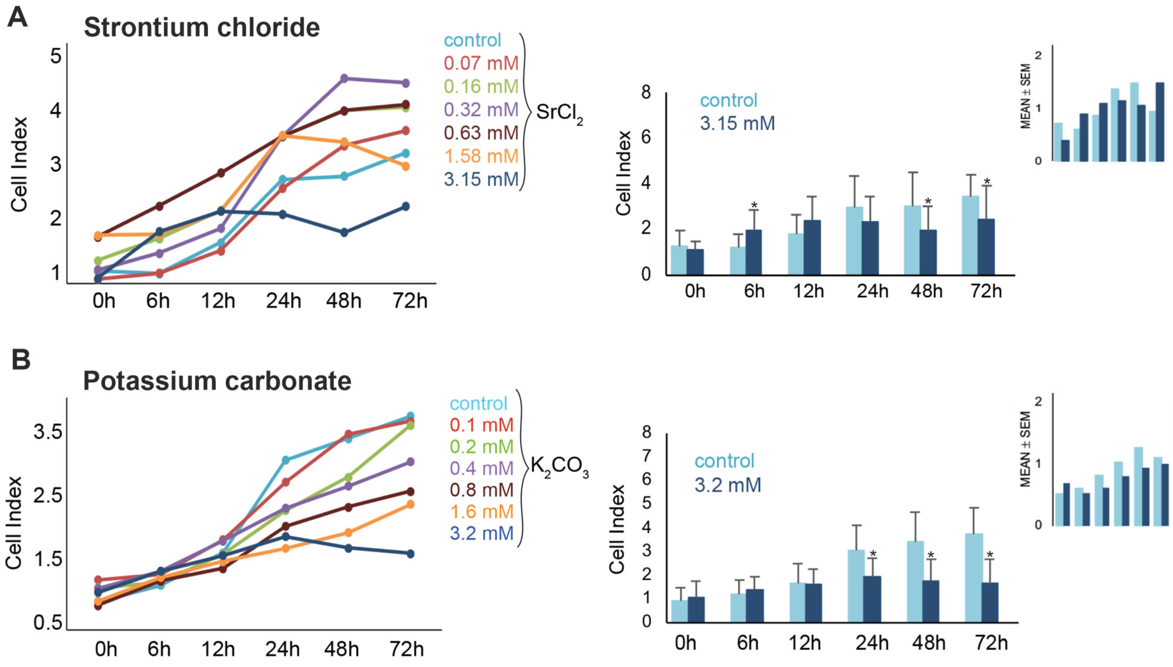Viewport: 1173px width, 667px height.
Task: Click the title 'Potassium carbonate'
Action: pyautogui.click(x=217, y=381)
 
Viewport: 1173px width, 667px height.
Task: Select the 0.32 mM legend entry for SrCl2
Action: pyautogui.click(x=481, y=109)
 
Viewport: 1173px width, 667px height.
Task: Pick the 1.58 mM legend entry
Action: pyautogui.click(x=481, y=156)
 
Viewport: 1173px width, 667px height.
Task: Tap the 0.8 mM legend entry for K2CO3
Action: pyautogui.click(x=482, y=490)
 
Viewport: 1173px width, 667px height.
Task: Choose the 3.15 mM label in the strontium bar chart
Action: pyautogui.click(x=737, y=123)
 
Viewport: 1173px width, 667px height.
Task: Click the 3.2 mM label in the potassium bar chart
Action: pyautogui.click(x=728, y=485)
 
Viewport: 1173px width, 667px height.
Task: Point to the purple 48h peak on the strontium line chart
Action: pyautogui.click(x=345, y=78)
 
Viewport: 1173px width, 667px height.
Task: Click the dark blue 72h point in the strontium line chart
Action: pyautogui.click(x=406, y=206)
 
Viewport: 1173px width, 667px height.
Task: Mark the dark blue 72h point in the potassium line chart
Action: pyautogui.click(x=411, y=554)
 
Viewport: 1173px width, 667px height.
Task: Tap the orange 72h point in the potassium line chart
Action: pyautogui.click(x=411, y=504)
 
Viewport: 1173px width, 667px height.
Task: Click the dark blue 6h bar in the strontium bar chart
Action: pyautogui.click(x=754, y=252)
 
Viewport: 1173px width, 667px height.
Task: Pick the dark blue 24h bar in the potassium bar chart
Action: pyautogui.click(x=872, y=599)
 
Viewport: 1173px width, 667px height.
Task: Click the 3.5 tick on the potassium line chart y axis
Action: pyautogui.click(x=48, y=431)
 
